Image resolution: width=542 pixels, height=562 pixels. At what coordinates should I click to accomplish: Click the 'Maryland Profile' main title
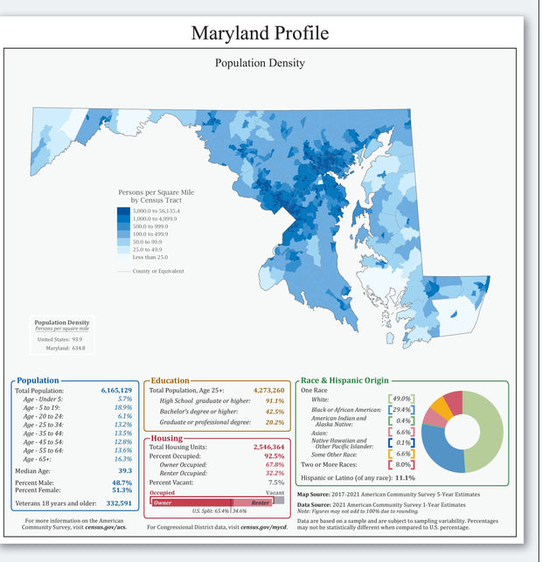pyautogui.click(x=260, y=32)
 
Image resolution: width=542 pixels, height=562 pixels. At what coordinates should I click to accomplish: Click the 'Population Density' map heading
pyautogui.click(x=260, y=63)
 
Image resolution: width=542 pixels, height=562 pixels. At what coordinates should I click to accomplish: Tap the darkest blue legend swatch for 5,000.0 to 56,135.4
pyautogui.click(x=124, y=211)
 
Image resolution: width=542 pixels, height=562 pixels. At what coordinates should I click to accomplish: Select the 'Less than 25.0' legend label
pyautogui.click(x=151, y=256)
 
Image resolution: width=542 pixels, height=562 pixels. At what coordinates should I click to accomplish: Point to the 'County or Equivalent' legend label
pyautogui.click(x=157, y=271)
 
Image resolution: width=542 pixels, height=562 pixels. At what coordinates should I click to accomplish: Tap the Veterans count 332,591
pyautogui.click(x=119, y=503)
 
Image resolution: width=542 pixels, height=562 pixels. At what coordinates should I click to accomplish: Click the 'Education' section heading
pyautogui.click(x=170, y=380)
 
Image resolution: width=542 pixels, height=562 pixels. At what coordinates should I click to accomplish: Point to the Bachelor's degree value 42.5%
pyautogui.click(x=274, y=411)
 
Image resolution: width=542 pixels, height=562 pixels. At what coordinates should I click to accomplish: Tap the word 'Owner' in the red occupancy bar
pyautogui.click(x=163, y=503)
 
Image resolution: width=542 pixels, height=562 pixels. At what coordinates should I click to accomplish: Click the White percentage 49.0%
pyautogui.click(x=401, y=399)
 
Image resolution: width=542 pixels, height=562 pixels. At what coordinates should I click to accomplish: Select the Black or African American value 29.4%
pyautogui.click(x=401, y=410)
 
